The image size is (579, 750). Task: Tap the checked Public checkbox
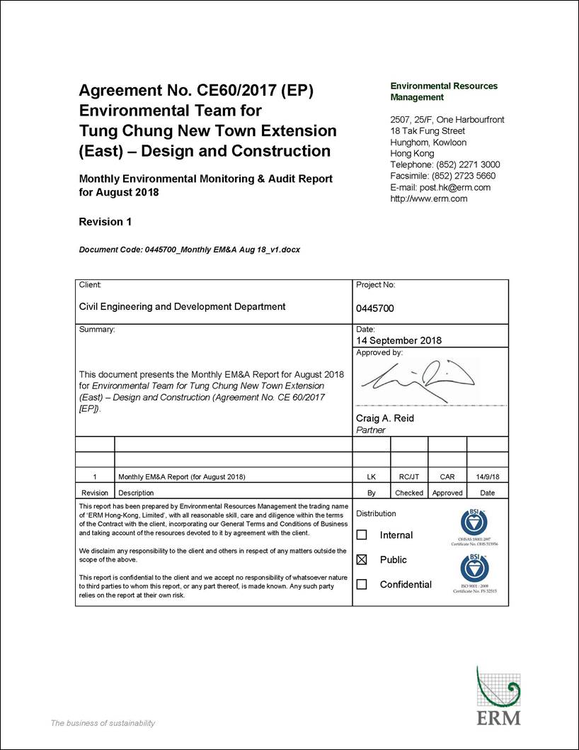[362, 560]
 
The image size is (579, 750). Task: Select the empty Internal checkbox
[362, 535]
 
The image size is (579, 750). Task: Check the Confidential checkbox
[362, 585]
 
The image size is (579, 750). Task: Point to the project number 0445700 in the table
[375, 308]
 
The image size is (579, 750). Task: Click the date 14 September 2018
[399, 340]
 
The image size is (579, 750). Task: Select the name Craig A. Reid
[385, 418]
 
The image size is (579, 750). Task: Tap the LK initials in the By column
[372, 477]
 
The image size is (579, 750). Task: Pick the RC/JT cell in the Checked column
[409, 477]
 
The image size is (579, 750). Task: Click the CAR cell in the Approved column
[447, 477]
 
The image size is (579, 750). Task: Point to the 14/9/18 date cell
[487, 477]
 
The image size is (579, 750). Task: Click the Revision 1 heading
[105, 222]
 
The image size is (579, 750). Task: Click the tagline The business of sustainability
[103, 723]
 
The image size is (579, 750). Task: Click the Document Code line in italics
[189, 250]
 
